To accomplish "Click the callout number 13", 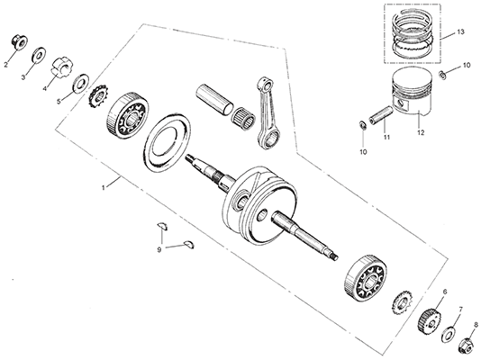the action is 460,31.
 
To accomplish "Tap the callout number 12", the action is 421,132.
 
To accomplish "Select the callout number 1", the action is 104,187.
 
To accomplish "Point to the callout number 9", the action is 159,250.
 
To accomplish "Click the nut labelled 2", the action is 20,42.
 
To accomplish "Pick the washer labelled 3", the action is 39,55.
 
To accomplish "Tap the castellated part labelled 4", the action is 60,67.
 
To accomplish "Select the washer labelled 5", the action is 81,83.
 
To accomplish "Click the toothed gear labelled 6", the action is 430,320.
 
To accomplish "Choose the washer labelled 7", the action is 449,333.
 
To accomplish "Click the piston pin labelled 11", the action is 381,114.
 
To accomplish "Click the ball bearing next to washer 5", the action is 128,114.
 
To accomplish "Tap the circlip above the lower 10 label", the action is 362,126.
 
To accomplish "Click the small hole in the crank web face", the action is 263,215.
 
